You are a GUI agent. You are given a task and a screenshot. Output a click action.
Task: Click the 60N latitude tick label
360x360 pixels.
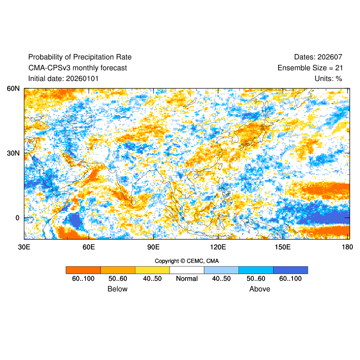[x=13, y=89]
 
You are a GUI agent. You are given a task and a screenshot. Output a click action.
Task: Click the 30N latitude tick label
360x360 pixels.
[x=13, y=153]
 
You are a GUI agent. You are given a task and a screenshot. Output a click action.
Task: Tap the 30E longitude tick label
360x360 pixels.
[x=24, y=247]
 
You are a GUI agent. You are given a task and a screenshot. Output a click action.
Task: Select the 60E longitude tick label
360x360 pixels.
[x=89, y=247]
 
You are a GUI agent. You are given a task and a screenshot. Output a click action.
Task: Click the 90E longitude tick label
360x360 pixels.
[x=153, y=247]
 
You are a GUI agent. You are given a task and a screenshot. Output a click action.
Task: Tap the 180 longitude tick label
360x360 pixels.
[x=347, y=247]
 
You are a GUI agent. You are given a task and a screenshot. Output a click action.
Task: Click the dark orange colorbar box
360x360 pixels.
[x=83, y=270]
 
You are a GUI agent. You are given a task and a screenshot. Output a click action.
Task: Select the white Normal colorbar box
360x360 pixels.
[x=187, y=270]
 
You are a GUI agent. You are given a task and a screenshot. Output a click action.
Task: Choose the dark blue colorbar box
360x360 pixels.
[x=291, y=270]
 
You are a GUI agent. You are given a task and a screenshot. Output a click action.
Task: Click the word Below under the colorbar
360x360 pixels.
[x=117, y=289]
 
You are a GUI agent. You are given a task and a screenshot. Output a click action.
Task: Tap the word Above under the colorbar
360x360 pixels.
[x=260, y=289]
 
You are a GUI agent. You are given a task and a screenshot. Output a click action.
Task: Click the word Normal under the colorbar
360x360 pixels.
[x=187, y=279]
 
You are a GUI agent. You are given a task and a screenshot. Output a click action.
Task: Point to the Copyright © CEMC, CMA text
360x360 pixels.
[x=187, y=261]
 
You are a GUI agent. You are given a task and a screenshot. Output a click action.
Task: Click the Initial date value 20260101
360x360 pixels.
[x=82, y=79]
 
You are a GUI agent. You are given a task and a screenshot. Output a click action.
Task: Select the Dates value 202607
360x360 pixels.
[x=330, y=57]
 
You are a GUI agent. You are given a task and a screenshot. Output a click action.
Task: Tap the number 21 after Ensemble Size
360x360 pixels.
[x=338, y=68]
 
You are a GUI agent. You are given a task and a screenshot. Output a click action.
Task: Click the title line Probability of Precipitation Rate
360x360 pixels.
[x=80, y=57]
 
